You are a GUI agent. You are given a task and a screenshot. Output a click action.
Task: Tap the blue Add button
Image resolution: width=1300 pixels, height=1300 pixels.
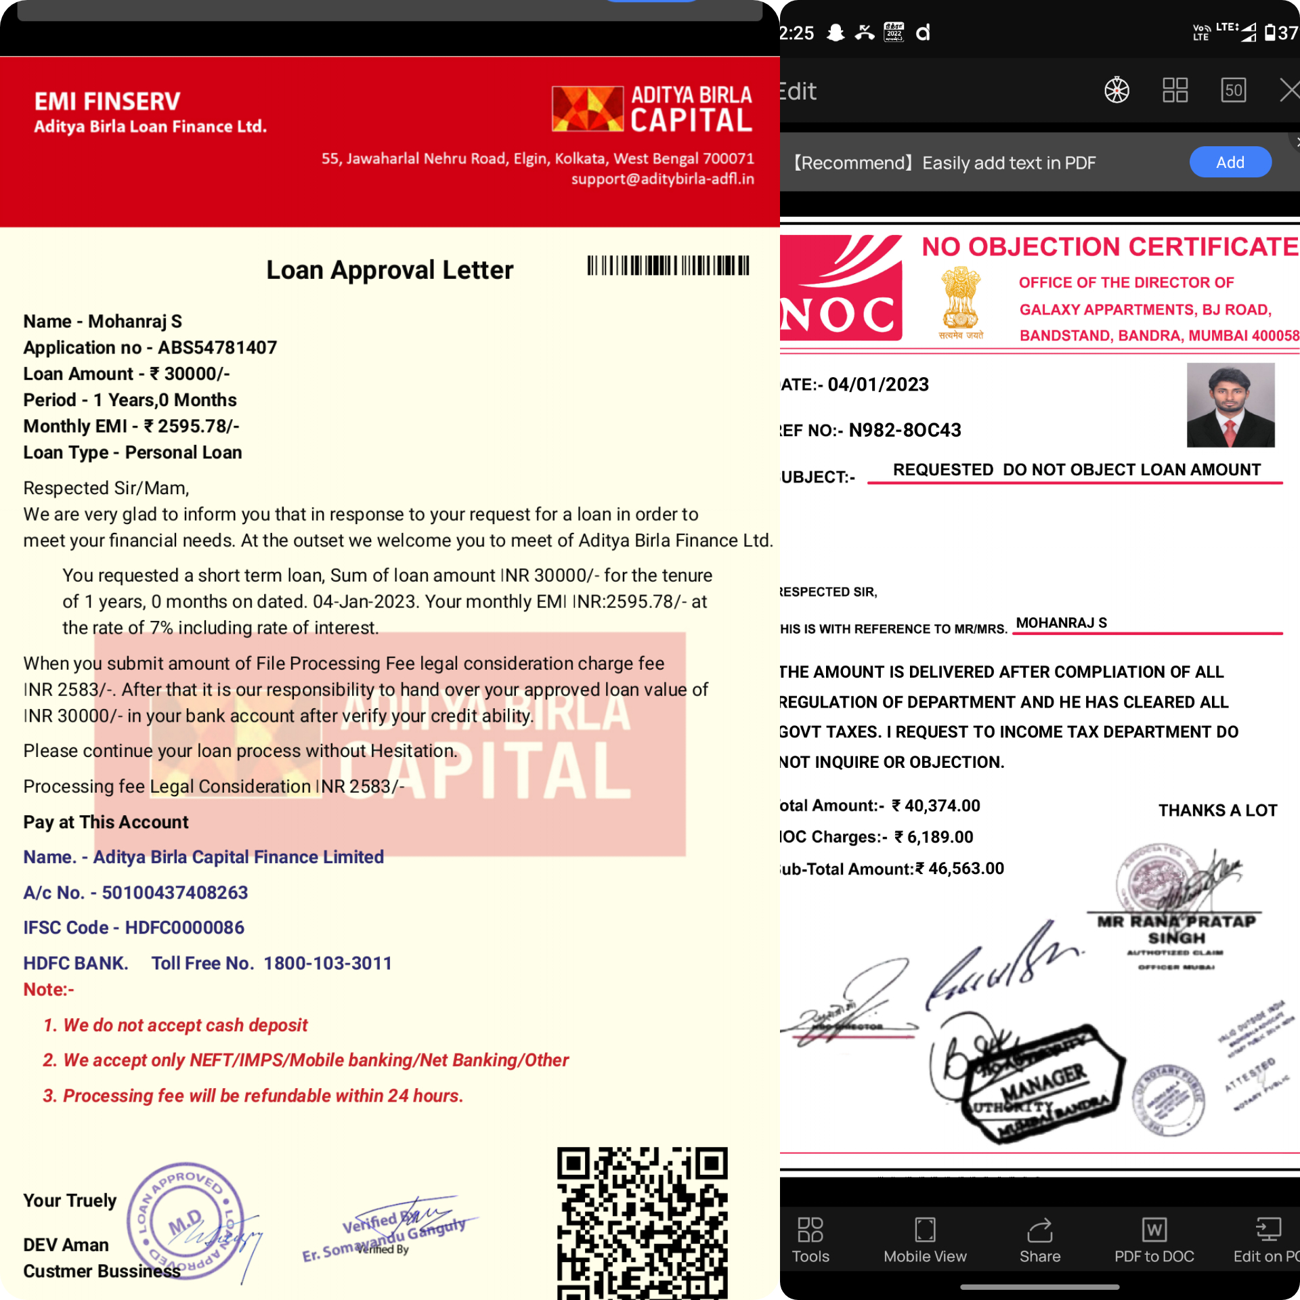pos(1230,162)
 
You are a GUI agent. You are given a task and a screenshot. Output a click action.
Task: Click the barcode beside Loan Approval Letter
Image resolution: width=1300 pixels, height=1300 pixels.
pos(668,265)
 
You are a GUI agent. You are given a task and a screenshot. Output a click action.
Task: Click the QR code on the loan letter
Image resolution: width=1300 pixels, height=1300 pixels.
pos(642,1222)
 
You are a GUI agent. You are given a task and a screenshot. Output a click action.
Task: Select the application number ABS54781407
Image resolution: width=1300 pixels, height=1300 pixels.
pos(217,348)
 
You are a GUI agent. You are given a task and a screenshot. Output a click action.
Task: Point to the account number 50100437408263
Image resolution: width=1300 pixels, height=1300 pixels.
pos(175,892)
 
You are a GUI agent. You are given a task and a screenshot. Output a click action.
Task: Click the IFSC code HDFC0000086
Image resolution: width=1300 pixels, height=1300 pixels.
pos(184,928)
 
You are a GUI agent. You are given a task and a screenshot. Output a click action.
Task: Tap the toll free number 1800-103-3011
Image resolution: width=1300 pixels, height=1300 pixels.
pos(328,963)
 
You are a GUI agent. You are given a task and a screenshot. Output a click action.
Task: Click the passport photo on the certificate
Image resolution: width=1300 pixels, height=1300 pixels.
pos(1230,405)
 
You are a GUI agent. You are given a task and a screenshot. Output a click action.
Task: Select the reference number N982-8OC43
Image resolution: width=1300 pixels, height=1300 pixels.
pos(905,431)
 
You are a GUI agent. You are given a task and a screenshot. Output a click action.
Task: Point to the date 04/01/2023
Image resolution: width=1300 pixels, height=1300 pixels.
pos(878,385)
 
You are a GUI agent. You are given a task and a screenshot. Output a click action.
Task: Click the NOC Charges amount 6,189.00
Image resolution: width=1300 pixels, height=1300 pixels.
pos(940,838)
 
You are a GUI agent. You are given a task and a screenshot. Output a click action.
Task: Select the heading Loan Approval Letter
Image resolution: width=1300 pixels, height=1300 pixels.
pos(389,270)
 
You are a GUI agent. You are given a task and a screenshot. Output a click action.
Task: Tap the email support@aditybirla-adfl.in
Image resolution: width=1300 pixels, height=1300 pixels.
pos(662,179)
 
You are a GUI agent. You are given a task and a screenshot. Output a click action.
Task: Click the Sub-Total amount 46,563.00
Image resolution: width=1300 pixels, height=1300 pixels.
pos(966,869)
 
